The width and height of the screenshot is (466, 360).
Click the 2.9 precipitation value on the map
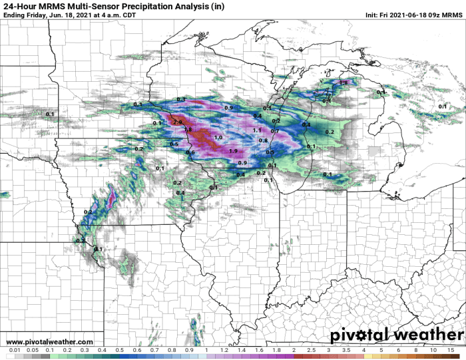point(177,122)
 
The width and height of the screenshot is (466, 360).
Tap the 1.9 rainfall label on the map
point(232,151)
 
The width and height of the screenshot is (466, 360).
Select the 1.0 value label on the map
point(218,137)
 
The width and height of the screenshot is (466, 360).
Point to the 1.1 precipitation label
point(257,130)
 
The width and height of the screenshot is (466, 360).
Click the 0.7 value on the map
point(274,132)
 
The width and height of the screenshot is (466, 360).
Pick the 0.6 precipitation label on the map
point(190,153)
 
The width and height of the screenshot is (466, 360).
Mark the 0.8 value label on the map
point(262,140)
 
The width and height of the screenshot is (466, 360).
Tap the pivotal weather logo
point(396,335)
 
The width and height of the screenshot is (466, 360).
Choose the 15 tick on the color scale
point(451,355)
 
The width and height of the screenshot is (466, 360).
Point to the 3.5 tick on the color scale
point(346,355)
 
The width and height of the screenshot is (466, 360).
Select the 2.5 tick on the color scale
point(311,355)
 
